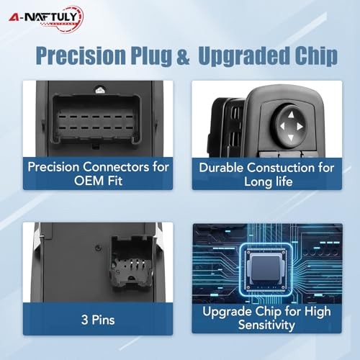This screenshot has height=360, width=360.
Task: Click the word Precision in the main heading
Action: tap(81, 55)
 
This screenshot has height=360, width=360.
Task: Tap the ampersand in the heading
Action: tap(183, 56)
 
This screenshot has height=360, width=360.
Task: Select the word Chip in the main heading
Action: tap(316, 55)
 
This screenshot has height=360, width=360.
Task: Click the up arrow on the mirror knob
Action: tap(291, 114)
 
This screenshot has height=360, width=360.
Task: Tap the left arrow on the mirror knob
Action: tap(282, 126)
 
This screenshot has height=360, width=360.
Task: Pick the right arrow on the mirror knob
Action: tap(300, 127)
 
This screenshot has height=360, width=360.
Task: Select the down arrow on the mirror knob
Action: tap(291, 138)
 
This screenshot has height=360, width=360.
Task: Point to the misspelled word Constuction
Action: tap(282, 168)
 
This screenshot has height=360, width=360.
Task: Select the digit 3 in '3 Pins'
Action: tap(84, 320)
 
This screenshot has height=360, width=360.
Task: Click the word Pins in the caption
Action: tap(103, 320)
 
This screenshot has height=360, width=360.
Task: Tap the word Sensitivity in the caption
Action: tap(266, 325)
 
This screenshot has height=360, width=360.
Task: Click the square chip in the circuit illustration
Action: tap(266, 269)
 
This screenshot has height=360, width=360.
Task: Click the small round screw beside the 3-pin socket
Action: tap(97, 248)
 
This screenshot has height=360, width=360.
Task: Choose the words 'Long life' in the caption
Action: tap(269, 181)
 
